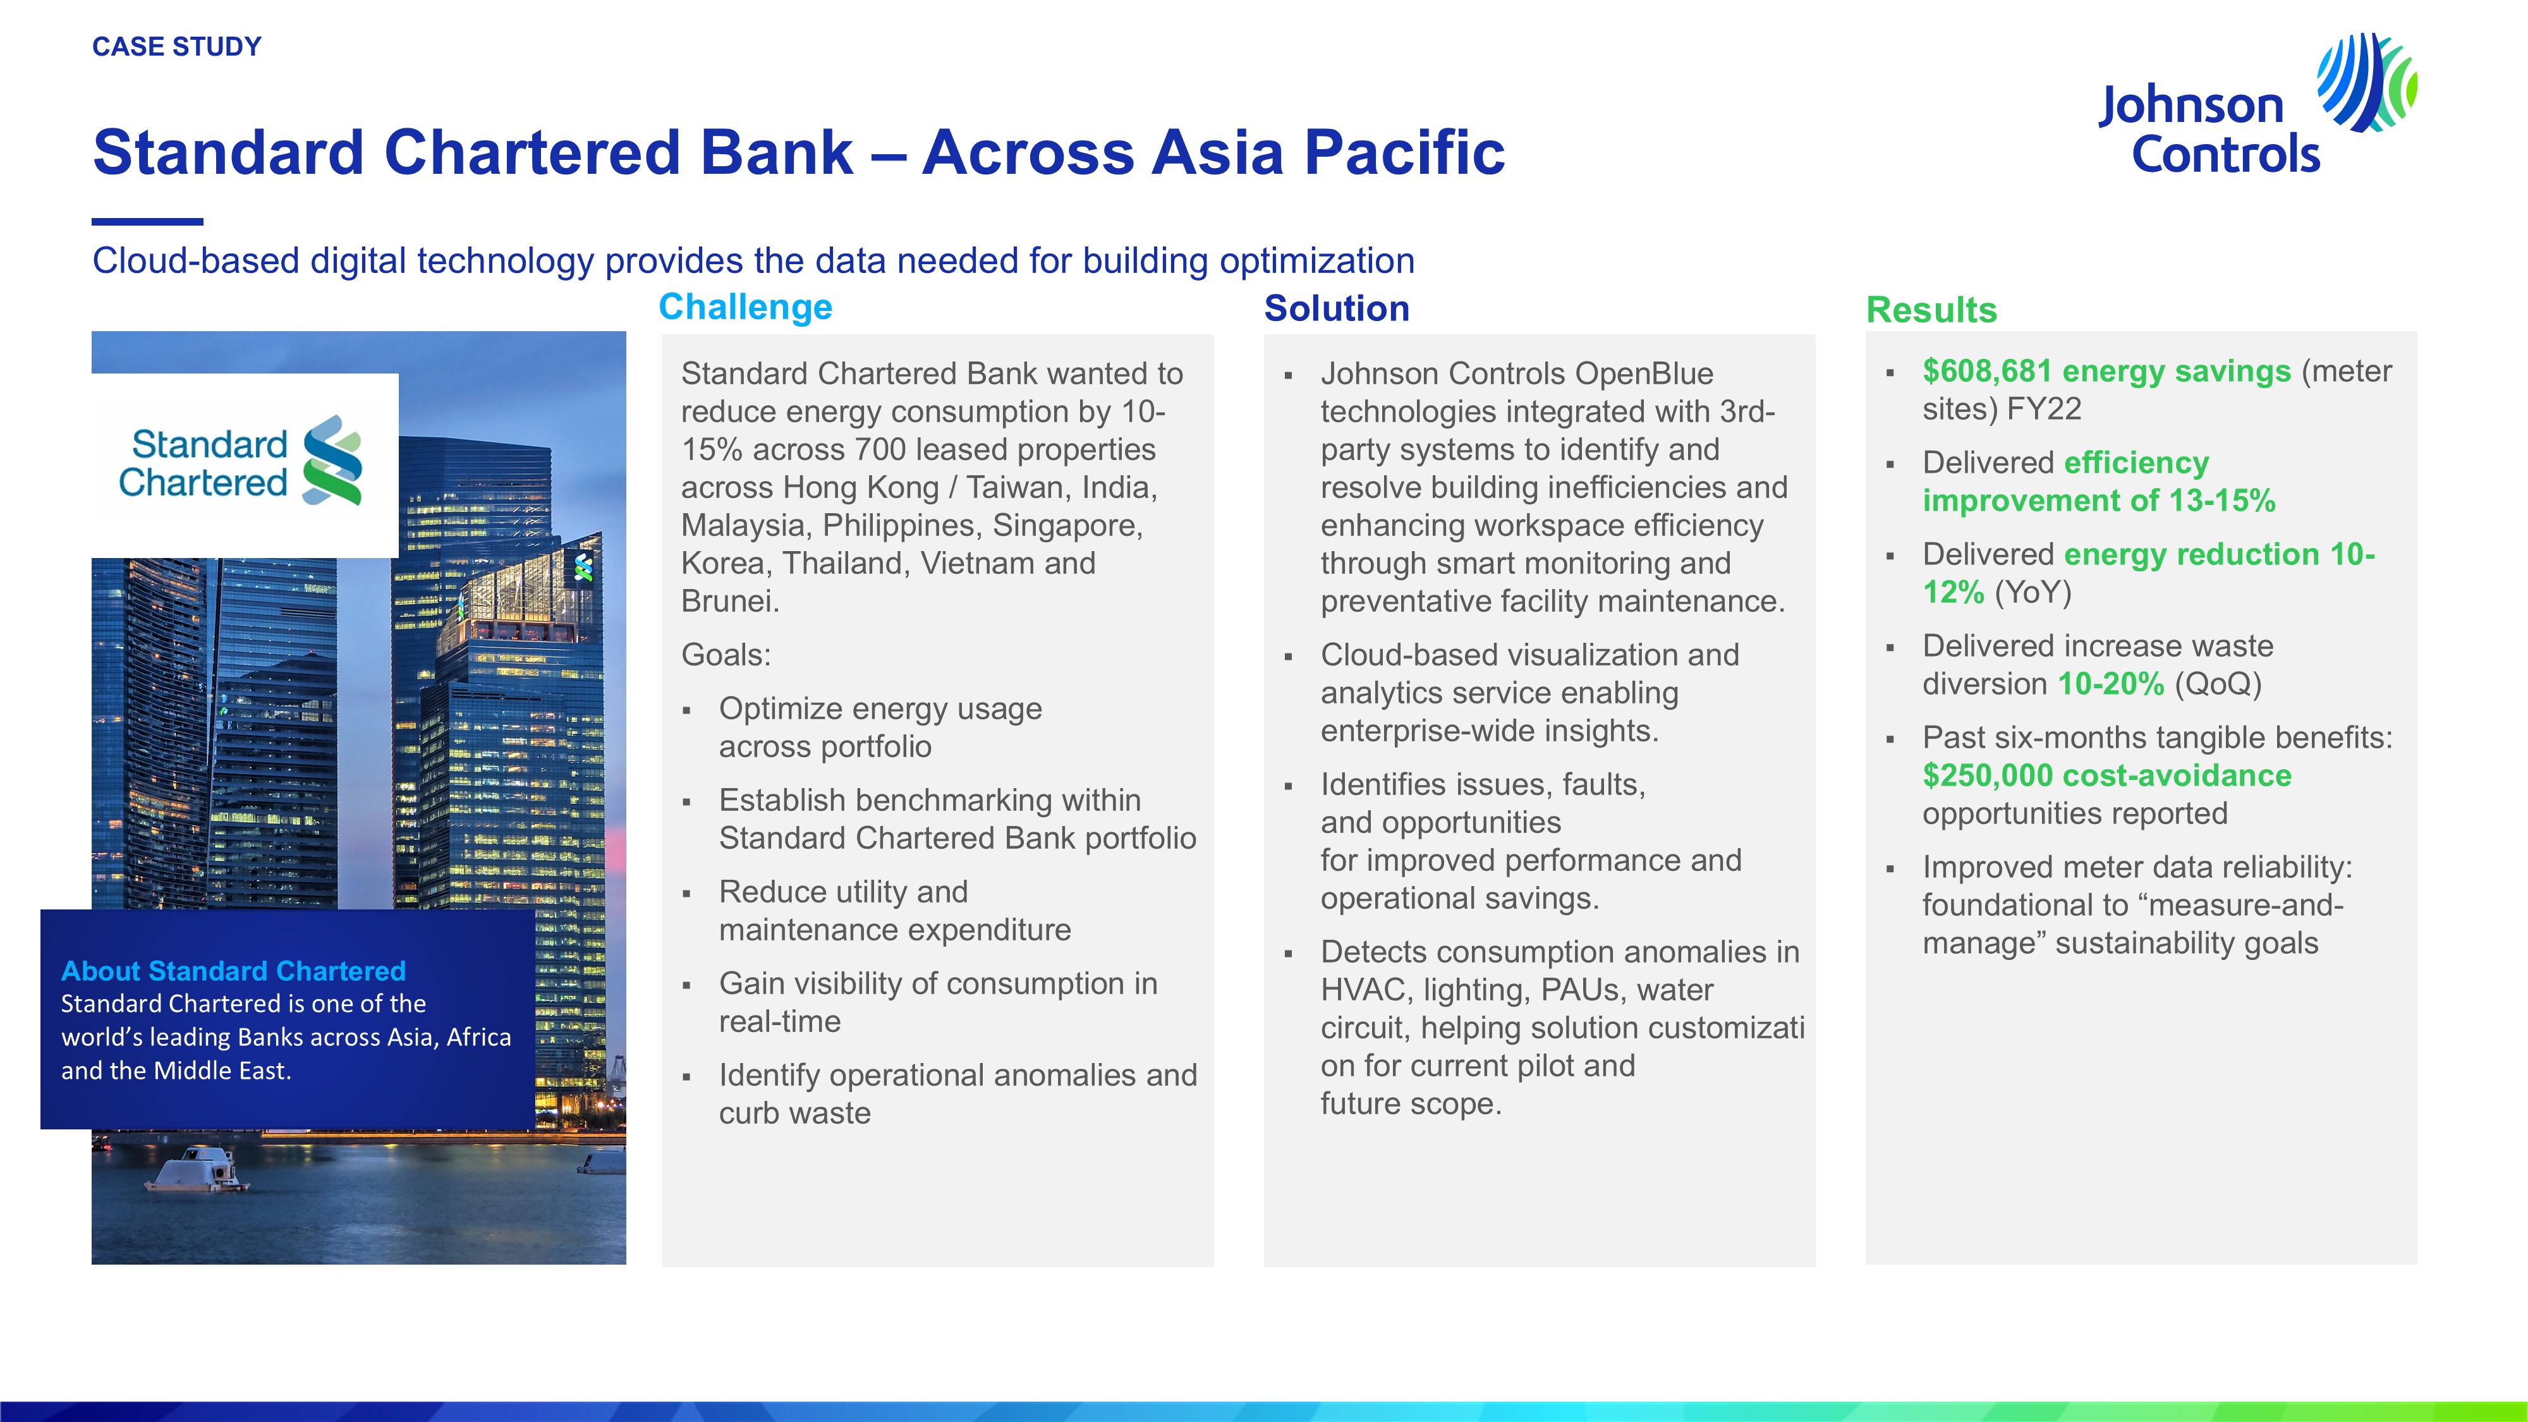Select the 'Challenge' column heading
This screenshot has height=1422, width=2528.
click(745, 307)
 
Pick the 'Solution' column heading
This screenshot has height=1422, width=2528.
click(1337, 309)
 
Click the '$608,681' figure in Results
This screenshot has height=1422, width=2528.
click(1987, 371)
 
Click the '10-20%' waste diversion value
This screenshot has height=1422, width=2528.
click(2111, 684)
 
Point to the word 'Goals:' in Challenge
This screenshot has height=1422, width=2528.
click(726, 655)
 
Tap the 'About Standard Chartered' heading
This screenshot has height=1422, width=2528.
click(234, 971)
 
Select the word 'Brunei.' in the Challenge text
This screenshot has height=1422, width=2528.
click(730, 600)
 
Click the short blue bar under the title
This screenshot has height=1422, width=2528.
click(147, 222)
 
